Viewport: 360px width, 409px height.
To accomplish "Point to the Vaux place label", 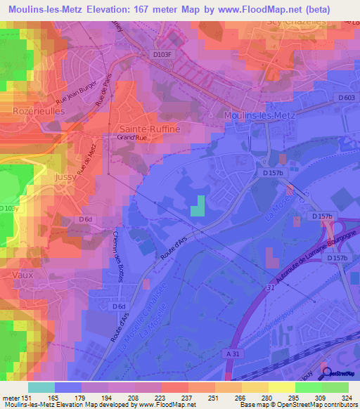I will coord(23,275).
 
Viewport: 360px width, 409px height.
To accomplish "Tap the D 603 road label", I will coord(346,97).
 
